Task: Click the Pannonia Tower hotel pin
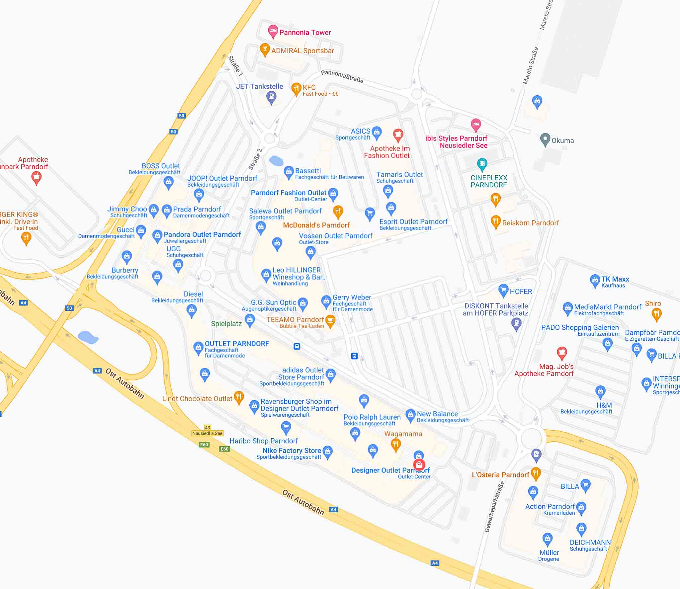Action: (x=273, y=31)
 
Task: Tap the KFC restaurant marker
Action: (x=296, y=89)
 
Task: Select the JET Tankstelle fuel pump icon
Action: (x=271, y=97)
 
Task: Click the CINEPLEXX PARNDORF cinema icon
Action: (x=482, y=163)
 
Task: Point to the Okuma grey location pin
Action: (x=545, y=139)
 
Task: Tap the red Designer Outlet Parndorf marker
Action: (x=419, y=465)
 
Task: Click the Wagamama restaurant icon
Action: (x=395, y=444)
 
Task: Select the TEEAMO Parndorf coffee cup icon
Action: (x=330, y=320)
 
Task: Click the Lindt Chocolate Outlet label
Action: (x=197, y=399)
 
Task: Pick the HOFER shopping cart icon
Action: (x=503, y=291)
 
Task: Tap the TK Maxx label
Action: (x=615, y=279)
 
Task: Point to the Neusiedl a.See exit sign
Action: (x=208, y=433)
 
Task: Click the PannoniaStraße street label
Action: (x=342, y=77)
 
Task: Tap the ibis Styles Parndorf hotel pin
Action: (x=476, y=125)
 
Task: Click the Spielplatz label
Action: (x=226, y=324)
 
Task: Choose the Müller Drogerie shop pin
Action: (x=547, y=539)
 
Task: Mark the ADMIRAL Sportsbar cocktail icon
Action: (x=265, y=49)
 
